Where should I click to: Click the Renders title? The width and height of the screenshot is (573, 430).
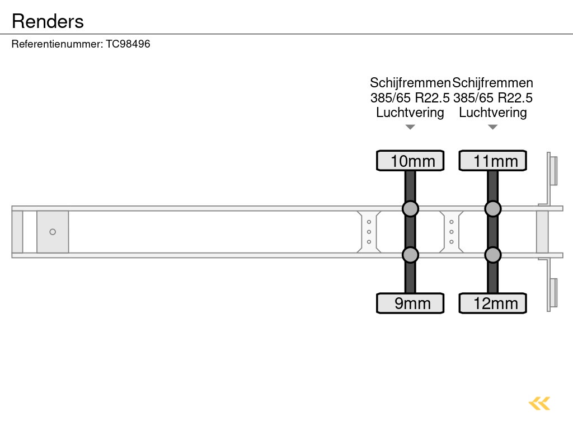click(x=48, y=21)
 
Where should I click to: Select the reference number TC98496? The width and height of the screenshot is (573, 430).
click(x=128, y=44)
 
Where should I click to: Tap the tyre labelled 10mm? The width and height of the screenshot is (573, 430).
click(x=410, y=161)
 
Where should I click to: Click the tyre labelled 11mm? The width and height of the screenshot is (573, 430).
click(x=492, y=161)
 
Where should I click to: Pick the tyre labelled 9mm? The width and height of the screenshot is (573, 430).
click(x=410, y=303)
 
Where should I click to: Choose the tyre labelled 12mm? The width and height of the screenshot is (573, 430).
click(x=492, y=303)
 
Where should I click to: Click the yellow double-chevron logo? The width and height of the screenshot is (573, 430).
click(x=539, y=404)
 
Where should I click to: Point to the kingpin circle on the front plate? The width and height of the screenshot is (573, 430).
click(x=53, y=232)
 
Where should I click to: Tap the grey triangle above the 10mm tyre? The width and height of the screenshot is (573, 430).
click(x=410, y=127)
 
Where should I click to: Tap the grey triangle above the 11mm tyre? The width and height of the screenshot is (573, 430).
click(x=492, y=127)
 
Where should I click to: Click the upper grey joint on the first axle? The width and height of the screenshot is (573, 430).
click(x=410, y=209)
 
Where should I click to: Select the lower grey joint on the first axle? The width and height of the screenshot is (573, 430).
click(x=410, y=255)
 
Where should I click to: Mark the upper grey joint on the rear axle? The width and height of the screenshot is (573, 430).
click(x=492, y=209)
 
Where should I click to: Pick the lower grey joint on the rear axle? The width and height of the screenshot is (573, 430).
click(x=492, y=255)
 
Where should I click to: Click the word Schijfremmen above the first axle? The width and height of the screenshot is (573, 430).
click(x=410, y=83)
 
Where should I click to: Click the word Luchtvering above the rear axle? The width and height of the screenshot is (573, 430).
click(x=492, y=113)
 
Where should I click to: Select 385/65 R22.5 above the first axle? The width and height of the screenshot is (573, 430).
click(x=410, y=98)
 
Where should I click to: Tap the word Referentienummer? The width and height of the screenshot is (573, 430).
click(x=57, y=44)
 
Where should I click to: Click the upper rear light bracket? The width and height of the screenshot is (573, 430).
click(x=551, y=178)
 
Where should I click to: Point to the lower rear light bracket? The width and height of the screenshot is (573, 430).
click(x=551, y=286)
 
